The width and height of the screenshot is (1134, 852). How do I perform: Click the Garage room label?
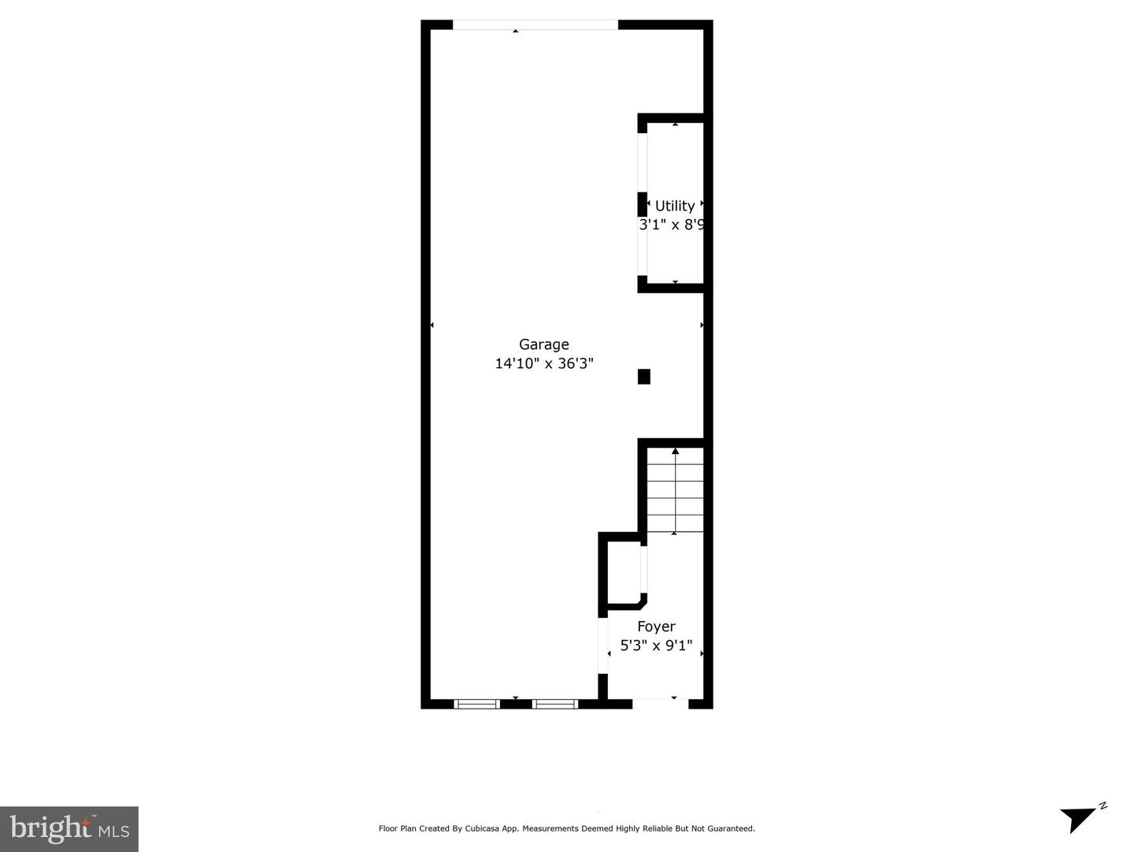pos(543,344)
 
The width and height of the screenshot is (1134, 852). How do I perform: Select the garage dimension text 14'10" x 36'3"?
pos(543,363)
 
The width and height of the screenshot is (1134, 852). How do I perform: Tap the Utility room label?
pos(675,206)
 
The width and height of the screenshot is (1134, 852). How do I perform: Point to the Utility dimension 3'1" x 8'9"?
pos(671,225)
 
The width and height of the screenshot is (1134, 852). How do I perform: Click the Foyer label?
pos(656,627)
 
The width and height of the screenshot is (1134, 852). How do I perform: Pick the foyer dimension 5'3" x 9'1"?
pos(656,646)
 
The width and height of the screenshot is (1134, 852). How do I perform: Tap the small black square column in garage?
pos(643,377)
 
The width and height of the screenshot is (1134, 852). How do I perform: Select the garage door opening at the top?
pos(535,25)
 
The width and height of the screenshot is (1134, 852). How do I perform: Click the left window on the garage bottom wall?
pos(477,704)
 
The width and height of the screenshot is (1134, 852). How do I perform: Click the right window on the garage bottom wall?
pos(555,704)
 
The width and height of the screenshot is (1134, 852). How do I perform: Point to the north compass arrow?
pos(1080,818)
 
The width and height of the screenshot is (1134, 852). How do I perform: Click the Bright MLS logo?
pos(69,829)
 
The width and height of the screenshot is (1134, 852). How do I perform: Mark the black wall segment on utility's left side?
pos(642,204)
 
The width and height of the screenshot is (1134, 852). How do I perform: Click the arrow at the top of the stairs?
pos(675,452)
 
